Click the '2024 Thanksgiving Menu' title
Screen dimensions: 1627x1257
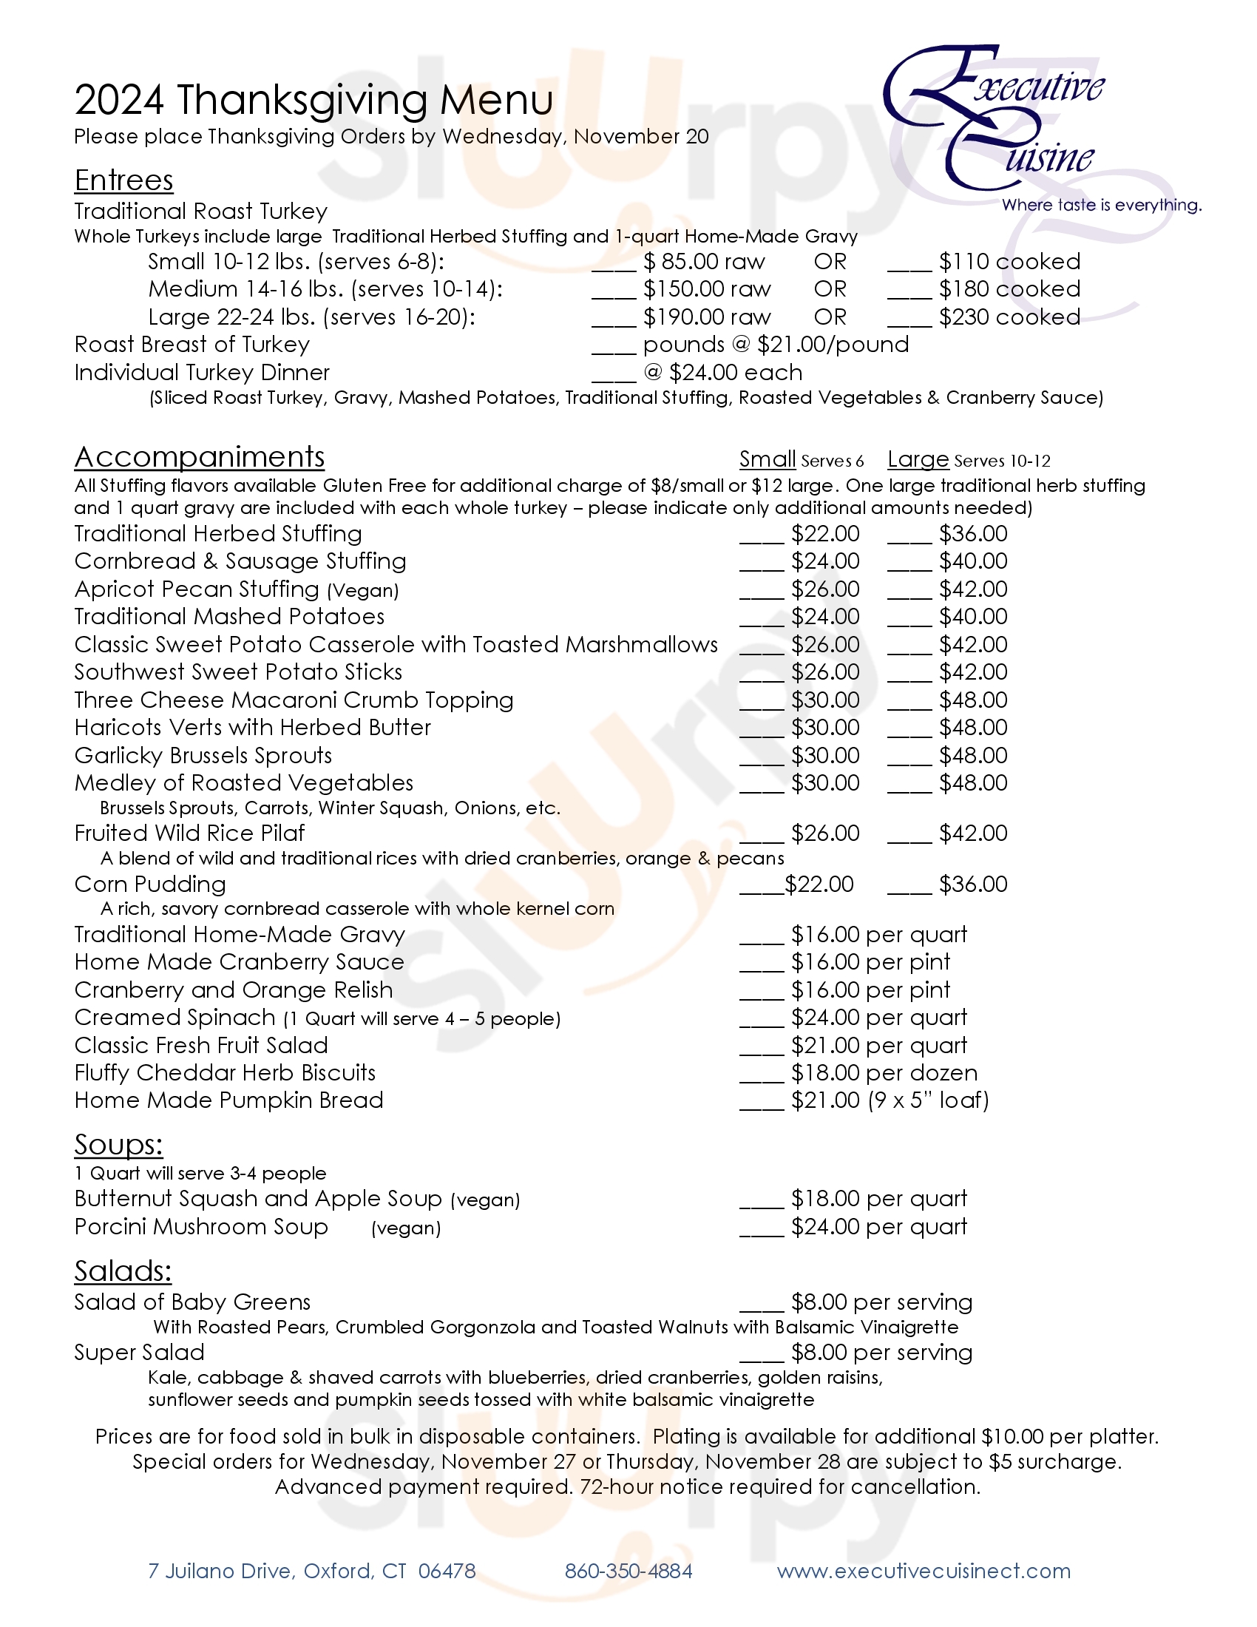[x=314, y=100]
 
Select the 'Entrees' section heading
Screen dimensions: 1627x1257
[x=123, y=180]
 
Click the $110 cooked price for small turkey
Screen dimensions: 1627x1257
[x=1009, y=262]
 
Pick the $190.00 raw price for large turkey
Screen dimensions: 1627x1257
[x=707, y=317]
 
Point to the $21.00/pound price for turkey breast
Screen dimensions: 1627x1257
[x=833, y=345]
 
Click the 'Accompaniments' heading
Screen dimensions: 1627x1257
[x=200, y=456]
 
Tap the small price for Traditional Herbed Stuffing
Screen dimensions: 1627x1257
[x=825, y=534]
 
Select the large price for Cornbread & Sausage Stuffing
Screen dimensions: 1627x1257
[x=972, y=562]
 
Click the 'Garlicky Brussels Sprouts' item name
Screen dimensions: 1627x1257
[x=203, y=755]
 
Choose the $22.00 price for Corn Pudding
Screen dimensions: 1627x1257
[x=819, y=884]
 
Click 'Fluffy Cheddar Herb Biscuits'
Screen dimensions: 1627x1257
[x=225, y=1073]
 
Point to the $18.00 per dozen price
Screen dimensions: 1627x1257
[x=884, y=1073]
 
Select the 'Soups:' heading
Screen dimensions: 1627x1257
[x=118, y=1145]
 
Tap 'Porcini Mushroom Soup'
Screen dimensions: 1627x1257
[x=201, y=1227]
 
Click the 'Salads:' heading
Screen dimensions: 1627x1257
[x=123, y=1272]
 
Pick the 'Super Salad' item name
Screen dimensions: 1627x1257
[x=139, y=1353]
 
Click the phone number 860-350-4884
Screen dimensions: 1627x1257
[x=628, y=1571]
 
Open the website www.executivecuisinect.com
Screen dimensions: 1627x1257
[x=924, y=1571]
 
